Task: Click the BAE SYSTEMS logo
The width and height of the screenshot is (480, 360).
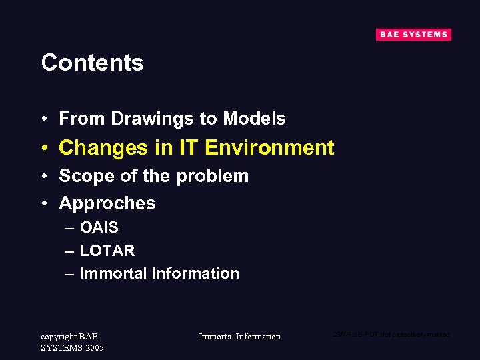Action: point(413,35)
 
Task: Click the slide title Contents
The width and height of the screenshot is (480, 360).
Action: point(93,63)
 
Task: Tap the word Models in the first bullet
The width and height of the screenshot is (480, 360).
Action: point(254,119)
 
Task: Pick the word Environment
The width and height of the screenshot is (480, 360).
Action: point(269,147)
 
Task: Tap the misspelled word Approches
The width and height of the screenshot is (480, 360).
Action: point(107,203)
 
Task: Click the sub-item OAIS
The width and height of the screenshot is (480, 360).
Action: point(99,228)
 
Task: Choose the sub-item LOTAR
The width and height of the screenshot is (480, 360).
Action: point(107,251)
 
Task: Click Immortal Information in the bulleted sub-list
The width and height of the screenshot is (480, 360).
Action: point(159,273)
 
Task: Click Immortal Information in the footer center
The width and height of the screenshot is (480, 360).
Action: point(240,337)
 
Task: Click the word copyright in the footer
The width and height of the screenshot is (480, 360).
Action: point(59,337)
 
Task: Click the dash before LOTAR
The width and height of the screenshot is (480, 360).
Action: point(69,251)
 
